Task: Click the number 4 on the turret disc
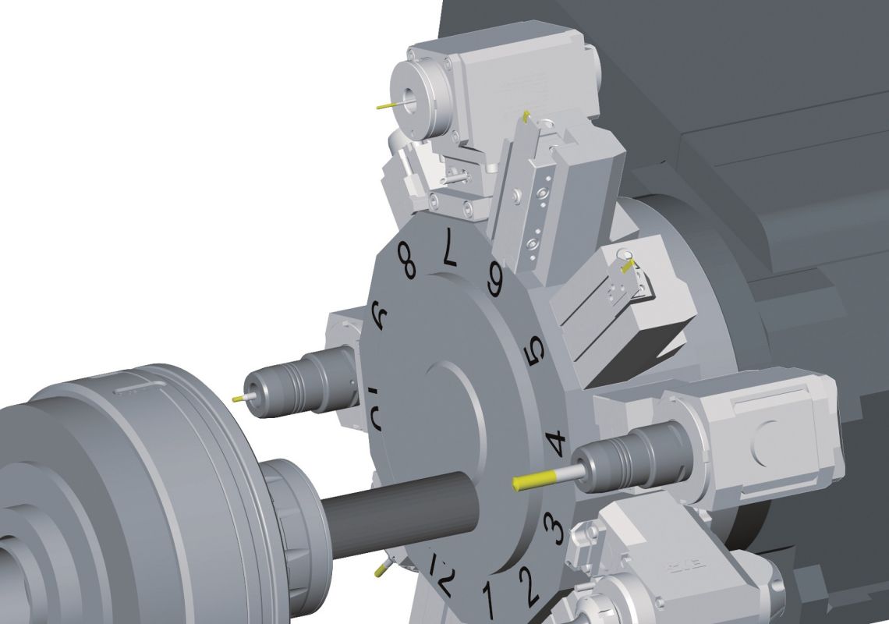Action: pos(556,444)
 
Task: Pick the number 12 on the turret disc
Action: pos(441,573)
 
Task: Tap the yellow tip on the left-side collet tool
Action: pos(238,398)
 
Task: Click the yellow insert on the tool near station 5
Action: pos(626,265)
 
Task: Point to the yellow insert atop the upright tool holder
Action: pos(527,117)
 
